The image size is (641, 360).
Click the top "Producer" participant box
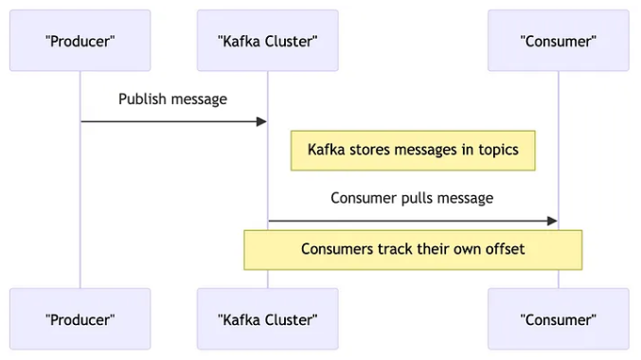(80, 41)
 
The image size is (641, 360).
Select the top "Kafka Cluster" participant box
(267, 41)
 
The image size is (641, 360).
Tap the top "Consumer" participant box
(558, 41)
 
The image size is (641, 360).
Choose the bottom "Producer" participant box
(80, 319)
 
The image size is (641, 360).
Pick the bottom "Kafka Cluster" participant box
(267, 319)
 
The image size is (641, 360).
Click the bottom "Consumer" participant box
(558, 319)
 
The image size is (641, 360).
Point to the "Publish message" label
(172, 99)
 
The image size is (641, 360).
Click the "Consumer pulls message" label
(412, 198)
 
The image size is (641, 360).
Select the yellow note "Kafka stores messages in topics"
(413, 150)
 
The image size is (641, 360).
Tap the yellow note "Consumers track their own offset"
(413, 249)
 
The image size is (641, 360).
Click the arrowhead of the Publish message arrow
(261, 121)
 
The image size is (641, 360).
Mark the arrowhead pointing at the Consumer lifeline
(552, 221)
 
